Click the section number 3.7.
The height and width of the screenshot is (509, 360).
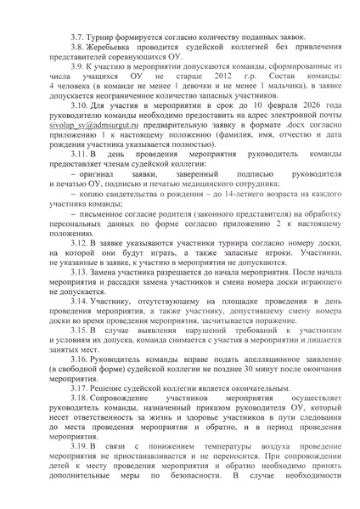(x=78, y=41)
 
